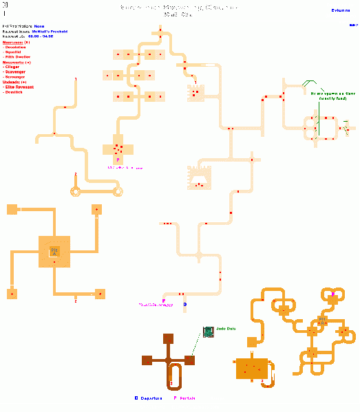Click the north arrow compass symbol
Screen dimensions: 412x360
(6, 8)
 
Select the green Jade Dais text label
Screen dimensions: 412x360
(226, 328)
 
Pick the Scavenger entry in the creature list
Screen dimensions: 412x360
(17, 72)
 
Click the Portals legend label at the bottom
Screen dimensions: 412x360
(187, 398)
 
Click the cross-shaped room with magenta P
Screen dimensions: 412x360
(118, 149)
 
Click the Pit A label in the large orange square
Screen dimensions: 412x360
(54, 252)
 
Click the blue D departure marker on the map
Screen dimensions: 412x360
(184, 303)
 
